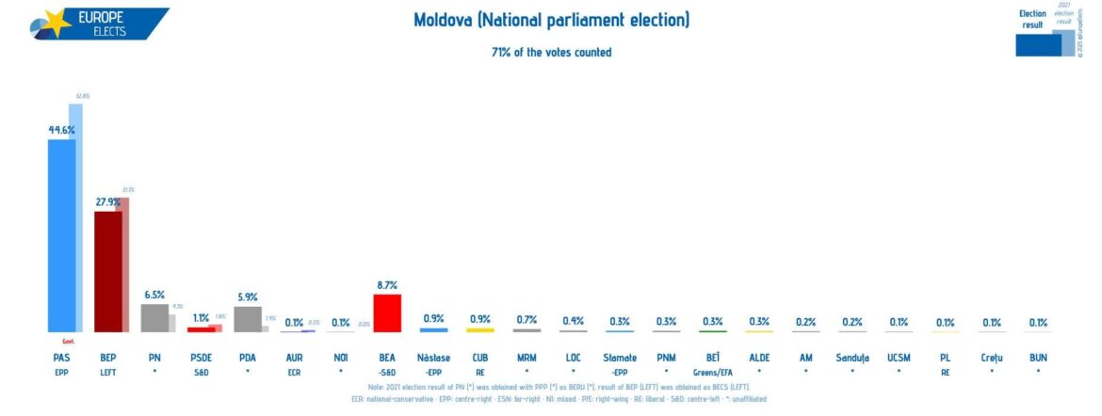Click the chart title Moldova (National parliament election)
pos(551,20)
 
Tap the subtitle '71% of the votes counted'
pos(551,52)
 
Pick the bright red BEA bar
pos(387,312)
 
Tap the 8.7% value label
pos(387,285)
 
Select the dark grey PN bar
pos(153,317)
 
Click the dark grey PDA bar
pos(246,318)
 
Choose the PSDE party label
pos(201,358)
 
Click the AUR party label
pos(293,358)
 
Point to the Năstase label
pos(433,358)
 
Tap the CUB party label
pos(479,358)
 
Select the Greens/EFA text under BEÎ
pos(712,372)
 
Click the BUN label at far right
pos(1038,358)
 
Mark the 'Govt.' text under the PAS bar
pos(68,342)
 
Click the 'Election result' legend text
pos(1032,19)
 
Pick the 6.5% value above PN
pos(154,295)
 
